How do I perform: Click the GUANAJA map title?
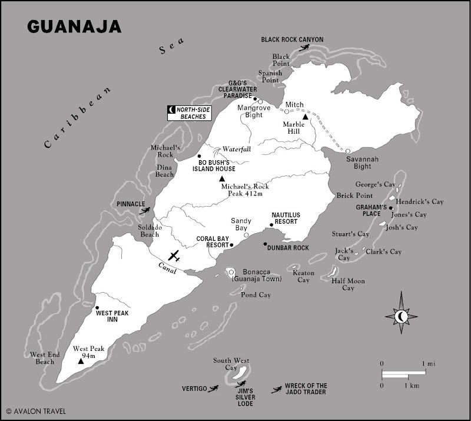74,26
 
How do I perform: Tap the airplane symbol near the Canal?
174,256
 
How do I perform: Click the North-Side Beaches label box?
188,112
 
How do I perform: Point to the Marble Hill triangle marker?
306,118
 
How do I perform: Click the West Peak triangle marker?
81,360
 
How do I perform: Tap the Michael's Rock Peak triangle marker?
222,178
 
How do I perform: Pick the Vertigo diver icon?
214,389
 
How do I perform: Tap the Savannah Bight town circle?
347,151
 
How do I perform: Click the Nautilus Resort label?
284,218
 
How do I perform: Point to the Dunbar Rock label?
288,248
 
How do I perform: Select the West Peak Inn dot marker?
97,307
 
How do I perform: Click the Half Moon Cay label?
348,284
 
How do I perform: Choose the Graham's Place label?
371,211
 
